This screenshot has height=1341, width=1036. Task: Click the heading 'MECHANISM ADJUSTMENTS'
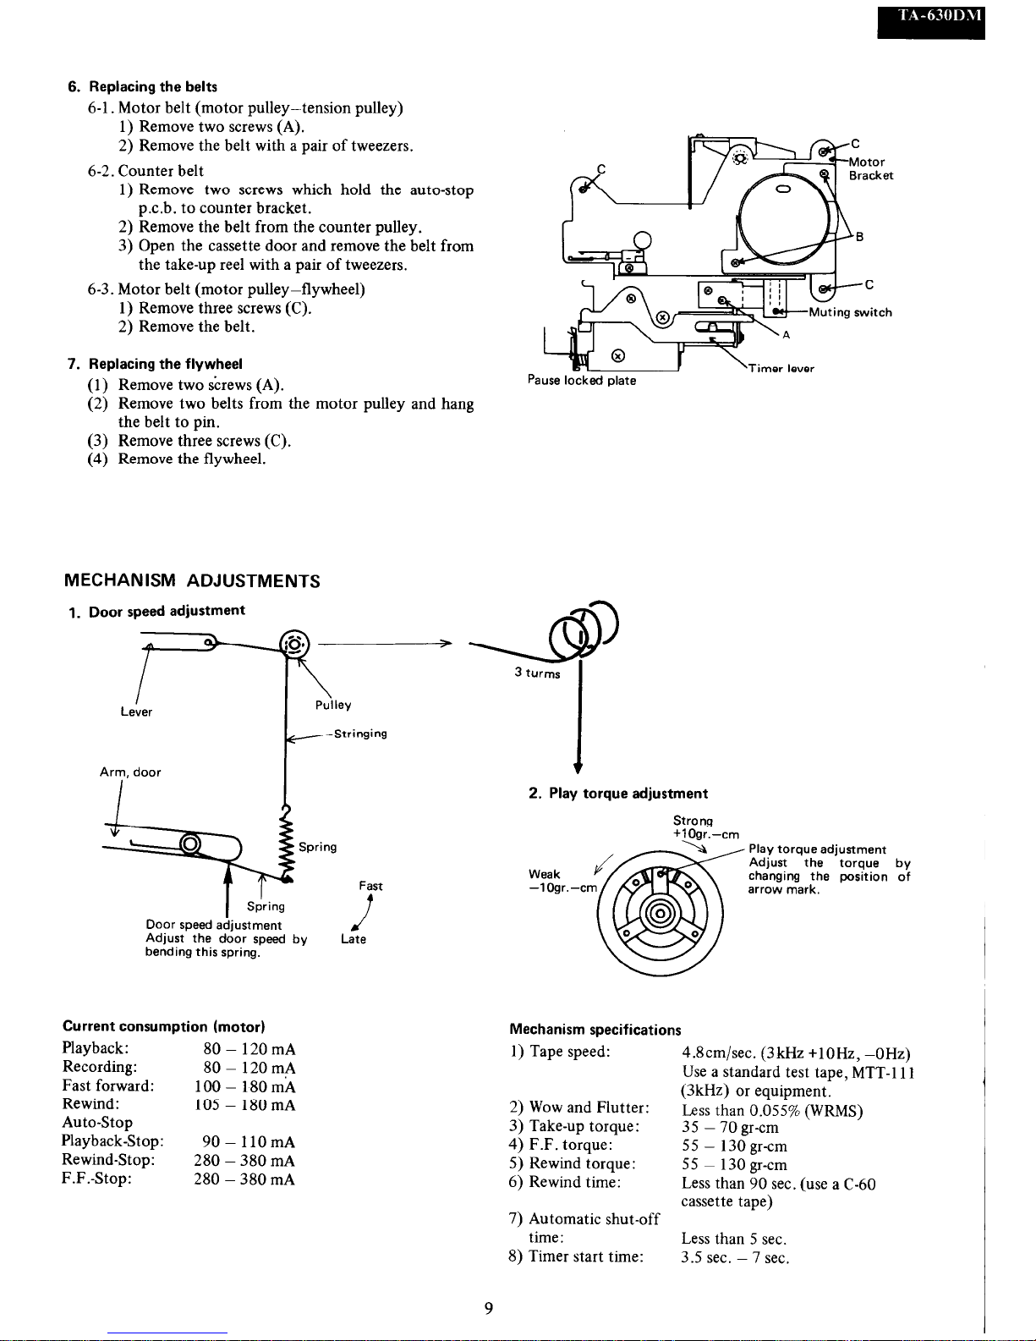[x=192, y=580]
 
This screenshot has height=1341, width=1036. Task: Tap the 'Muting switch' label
[x=851, y=312]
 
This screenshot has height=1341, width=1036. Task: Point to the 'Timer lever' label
[x=781, y=368]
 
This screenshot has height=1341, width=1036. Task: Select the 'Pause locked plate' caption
[x=582, y=380]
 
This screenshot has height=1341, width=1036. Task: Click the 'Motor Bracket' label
[x=871, y=168]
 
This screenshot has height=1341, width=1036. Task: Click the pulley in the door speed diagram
[x=294, y=645]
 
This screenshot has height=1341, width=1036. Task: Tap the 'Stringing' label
[x=361, y=734]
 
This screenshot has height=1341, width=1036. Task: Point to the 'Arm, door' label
[x=130, y=772]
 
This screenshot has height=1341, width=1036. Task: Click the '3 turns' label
[x=537, y=673]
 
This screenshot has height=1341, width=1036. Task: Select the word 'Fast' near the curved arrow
[x=370, y=886]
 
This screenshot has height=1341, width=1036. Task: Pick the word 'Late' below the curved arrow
[x=354, y=938]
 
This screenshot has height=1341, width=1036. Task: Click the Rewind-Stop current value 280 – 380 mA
[x=244, y=1160]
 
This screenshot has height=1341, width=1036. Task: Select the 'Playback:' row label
[x=96, y=1048]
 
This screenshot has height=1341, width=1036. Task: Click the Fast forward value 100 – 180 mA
[x=244, y=1086]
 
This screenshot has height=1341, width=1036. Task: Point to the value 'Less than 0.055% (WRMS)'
[x=772, y=1111]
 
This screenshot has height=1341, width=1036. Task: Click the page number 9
[x=489, y=1308]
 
